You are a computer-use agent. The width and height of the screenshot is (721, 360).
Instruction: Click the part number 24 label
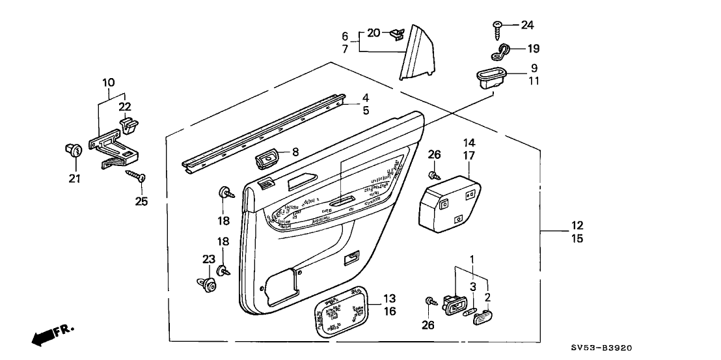click(526, 25)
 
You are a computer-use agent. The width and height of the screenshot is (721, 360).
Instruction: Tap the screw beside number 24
click(497, 26)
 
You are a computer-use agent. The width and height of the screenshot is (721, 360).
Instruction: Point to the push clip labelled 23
click(208, 283)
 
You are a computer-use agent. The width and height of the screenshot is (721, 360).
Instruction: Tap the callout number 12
click(577, 226)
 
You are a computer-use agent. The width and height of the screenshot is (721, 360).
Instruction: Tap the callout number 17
click(470, 156)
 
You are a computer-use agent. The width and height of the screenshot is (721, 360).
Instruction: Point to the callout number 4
click(366, 98)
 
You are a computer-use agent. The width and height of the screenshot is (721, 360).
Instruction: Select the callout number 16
click(388, 312)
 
